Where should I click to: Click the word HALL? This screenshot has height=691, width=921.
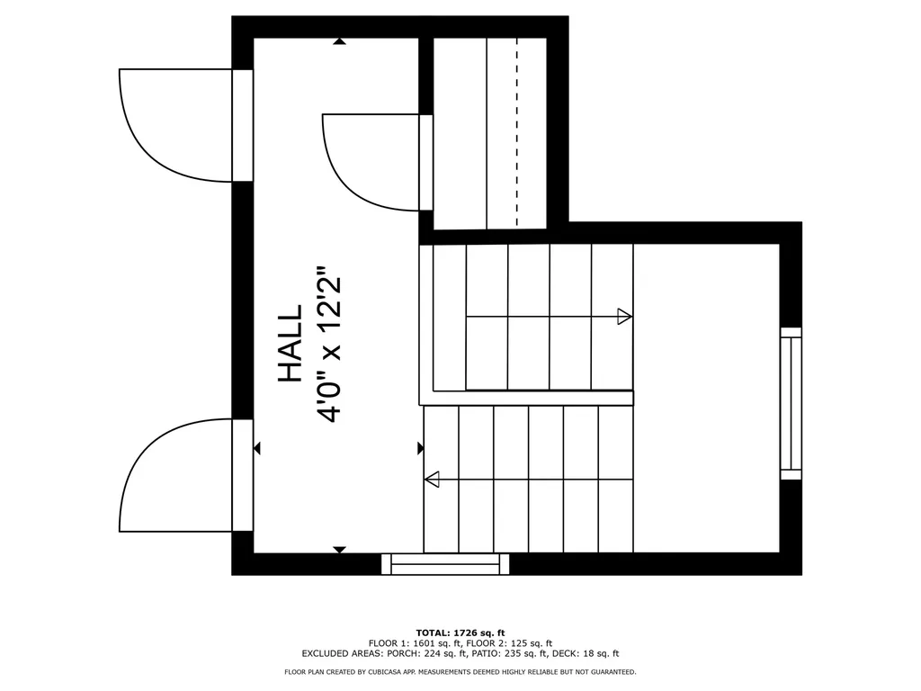[x=290, y=344]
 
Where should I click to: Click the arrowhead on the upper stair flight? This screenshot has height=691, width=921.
[x=624, y=317]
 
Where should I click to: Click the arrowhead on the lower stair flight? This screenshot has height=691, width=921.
[x=432, y=480]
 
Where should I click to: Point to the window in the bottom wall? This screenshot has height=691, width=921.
[x=445, y=564]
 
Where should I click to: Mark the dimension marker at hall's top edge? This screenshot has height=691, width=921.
[x=339, y=41]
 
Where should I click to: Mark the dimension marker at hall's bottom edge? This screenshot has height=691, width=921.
[x=339, y=549]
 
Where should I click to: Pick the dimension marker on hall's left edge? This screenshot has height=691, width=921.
[x=257, y=448]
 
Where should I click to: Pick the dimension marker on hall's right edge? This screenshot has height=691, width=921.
[x=420, y=448]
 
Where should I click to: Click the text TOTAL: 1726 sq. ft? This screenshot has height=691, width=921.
[x=460, y=633]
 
